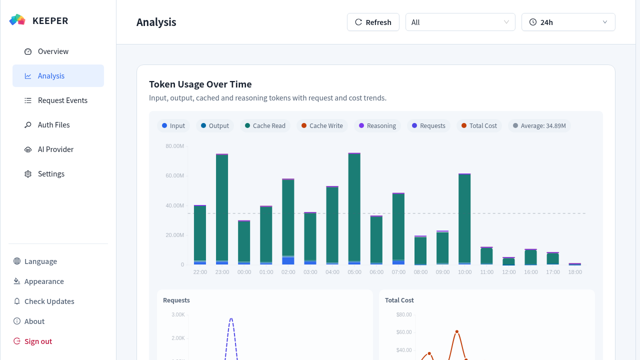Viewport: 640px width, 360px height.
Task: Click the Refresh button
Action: (373, 22)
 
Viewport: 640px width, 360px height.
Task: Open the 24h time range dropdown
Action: (568, 22)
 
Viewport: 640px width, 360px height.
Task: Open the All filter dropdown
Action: (460, 22)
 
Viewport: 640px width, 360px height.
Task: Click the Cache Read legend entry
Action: (265, 125)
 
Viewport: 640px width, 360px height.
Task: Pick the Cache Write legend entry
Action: (322, 125)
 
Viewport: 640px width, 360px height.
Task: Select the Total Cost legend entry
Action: (479, 125)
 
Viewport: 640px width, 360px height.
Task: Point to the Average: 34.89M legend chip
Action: (539, 125)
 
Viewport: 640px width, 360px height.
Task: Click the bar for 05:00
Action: (354, 209)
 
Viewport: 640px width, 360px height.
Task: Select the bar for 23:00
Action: (222, 209)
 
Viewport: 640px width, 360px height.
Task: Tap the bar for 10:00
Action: (464, 219)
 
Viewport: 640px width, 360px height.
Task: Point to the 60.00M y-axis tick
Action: (174, 175)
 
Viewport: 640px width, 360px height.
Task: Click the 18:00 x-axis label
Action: (575, 272)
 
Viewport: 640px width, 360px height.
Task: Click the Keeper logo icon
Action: (17, 19)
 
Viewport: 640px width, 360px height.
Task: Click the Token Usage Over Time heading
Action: (200, 84)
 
